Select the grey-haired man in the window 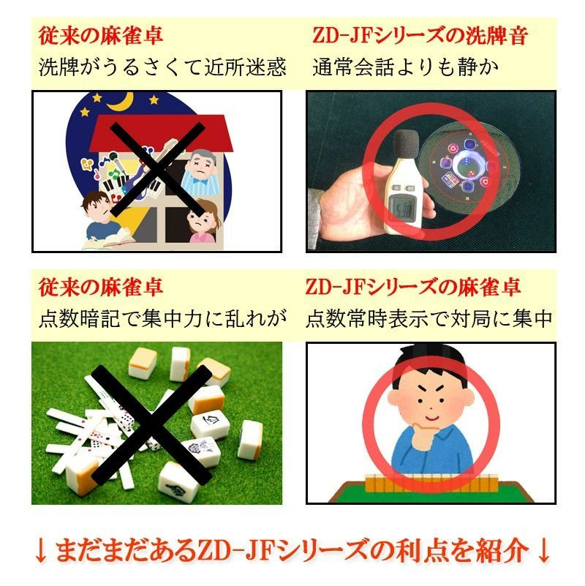click(199, 171)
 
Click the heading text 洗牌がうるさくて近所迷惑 click(162, 67)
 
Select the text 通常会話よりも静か click(405, 67)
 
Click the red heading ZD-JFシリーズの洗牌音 click(420, 36)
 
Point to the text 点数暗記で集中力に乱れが click(162, 319)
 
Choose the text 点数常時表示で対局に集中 click(429, 319)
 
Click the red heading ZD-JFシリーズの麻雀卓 click(412, 288)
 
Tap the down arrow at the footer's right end click(543, 549)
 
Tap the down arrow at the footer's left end click(41, 549)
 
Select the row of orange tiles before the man click(431, 482)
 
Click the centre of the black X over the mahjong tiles click(152, 425)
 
